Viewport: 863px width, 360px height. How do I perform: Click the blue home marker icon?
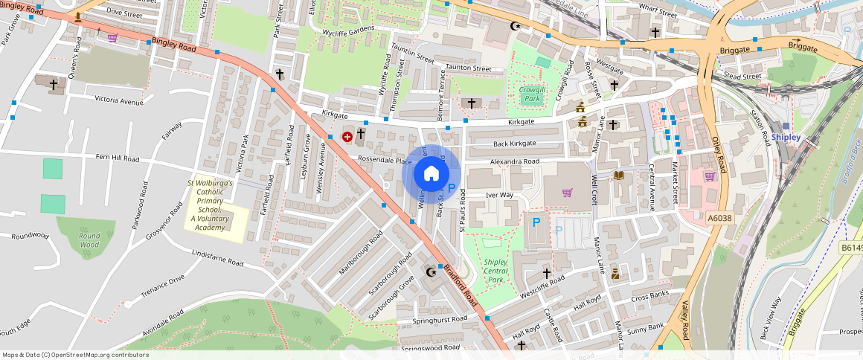coord(431,174)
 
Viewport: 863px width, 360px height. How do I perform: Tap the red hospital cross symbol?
coord(347,136)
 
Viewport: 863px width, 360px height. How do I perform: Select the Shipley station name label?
coord(786,138)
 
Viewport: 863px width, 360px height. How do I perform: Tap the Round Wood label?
coord(89,240)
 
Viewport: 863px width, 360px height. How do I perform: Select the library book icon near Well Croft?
coord(618,175)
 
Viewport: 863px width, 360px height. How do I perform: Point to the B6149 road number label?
coord(850,248)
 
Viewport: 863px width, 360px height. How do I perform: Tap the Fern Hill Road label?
coord(118,158)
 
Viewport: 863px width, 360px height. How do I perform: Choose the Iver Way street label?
coord(499,195)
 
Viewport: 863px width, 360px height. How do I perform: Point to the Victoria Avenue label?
coord(118,100)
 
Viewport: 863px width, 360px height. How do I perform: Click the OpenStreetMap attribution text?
coord(75,355)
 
